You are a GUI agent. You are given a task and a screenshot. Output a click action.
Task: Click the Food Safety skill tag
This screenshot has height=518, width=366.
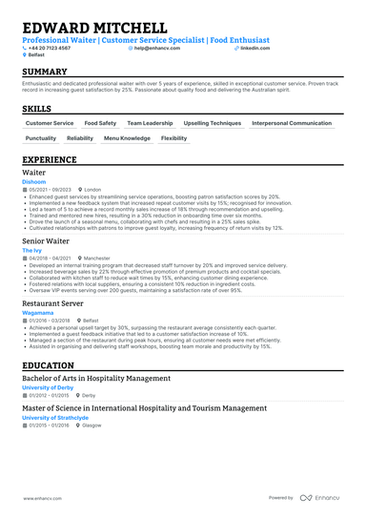click(x=100, y=123)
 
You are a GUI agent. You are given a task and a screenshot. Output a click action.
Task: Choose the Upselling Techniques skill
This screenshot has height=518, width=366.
click(x=212, y=123)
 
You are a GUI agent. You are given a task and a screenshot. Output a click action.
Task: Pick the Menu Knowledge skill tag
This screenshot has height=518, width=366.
click(x=127, y=138)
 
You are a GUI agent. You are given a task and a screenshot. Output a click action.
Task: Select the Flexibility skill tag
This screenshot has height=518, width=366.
click(x=173, y=138)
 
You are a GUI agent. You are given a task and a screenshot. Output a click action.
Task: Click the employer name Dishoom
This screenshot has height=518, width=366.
click(x=33, y=181)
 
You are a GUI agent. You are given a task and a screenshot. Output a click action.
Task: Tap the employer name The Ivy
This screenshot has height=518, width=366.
click(x=31, y=250)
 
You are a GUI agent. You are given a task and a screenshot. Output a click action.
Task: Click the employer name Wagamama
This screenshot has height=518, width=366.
click(x=38, y=312)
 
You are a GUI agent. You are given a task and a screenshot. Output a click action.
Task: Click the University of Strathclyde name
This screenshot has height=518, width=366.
click(x=55, y=417)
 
